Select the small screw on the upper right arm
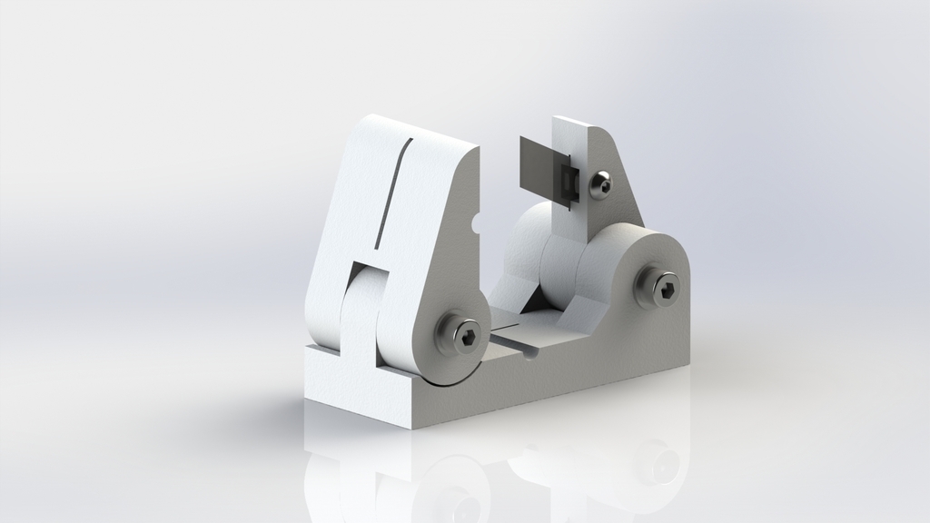(x=600, y=184)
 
